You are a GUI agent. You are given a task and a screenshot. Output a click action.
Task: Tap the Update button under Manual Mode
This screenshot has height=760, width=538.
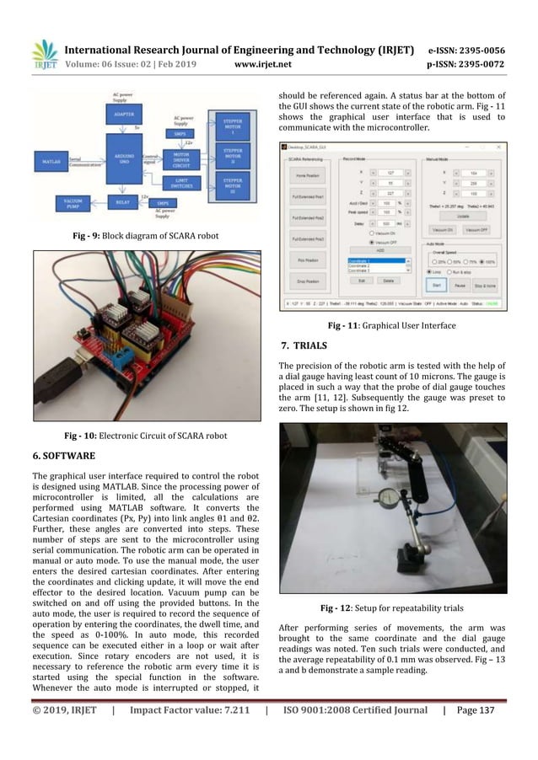point(465,215)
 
